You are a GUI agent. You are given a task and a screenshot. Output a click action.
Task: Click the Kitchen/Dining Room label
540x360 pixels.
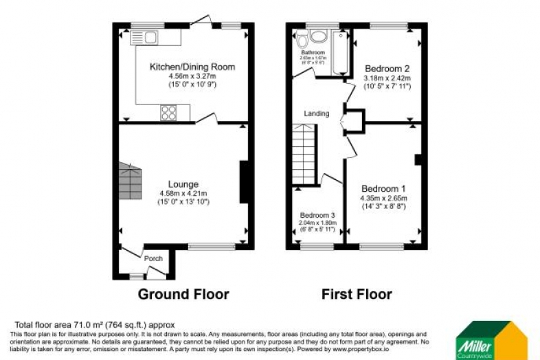click(x=192, y=67)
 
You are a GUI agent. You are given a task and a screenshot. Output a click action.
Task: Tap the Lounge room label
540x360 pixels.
click(x=183, y=184)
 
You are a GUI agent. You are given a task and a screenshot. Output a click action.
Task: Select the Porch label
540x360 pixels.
click(x=153, y=259)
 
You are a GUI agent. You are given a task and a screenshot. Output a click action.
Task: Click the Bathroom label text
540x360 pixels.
click(x=312, y=52)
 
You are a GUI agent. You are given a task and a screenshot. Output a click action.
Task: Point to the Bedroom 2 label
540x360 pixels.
click(x=387, y=69)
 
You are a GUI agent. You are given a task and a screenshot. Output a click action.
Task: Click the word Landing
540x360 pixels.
click(x=317, y=113)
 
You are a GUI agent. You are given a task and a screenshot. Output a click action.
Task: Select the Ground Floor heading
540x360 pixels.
click(x=183, y=295)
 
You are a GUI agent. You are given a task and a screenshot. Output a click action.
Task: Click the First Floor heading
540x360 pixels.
click(x=357, y=295)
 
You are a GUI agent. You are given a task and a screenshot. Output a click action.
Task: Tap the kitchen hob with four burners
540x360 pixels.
click(x=169, y=112)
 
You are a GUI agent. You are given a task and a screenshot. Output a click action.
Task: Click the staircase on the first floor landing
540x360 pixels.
click(x=304, y=155)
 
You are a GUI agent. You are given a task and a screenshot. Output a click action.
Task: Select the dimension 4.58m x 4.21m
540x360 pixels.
click(x=183, y=193)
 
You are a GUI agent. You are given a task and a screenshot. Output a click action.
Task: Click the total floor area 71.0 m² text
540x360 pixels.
click(x=95, y=324)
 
